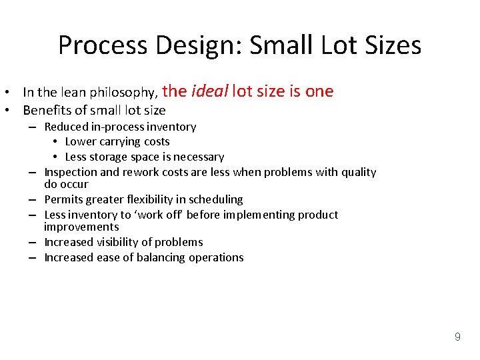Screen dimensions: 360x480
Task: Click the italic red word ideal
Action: [x=209, y=91]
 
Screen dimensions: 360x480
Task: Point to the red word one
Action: [x=319, y=91]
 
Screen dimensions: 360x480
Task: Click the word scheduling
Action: [x=216, y=199]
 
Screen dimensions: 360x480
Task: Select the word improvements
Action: [x=81, y=227]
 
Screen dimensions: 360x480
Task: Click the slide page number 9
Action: [x=457, y=337]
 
